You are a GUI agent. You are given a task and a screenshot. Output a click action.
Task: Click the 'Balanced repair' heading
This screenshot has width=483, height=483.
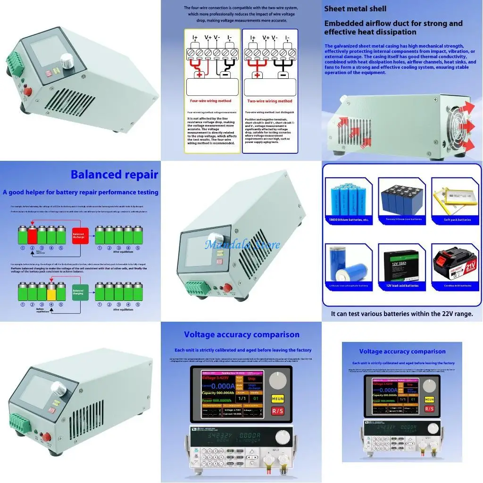(114, 175)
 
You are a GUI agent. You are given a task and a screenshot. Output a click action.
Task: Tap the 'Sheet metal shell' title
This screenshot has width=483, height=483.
(355, 8)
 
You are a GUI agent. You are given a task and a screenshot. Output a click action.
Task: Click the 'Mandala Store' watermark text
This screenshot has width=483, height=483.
(241, 245)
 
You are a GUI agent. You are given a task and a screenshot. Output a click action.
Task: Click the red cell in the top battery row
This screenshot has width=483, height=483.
(33, 234)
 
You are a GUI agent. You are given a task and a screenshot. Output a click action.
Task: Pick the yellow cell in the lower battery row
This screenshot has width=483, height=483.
(51, 291)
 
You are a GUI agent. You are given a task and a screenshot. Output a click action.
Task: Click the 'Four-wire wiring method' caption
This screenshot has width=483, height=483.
(210, 101)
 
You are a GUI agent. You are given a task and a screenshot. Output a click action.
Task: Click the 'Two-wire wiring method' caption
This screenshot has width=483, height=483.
(270, 101)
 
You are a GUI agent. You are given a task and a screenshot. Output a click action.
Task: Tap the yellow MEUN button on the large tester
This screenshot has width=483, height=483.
(278, 400)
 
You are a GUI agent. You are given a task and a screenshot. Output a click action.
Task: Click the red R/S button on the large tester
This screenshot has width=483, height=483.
(278, 411)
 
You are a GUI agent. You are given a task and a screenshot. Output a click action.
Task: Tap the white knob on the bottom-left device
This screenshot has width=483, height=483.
(59, 388)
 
